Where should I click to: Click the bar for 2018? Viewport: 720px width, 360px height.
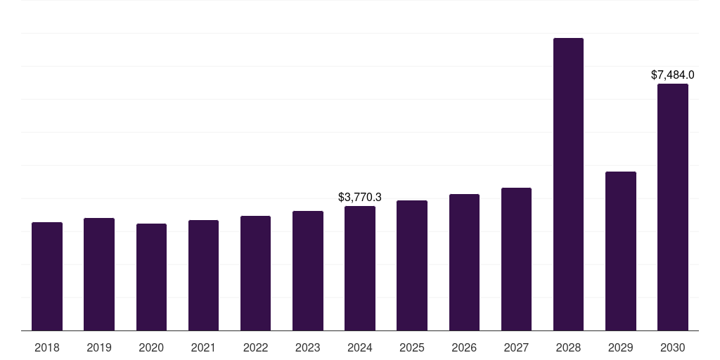point(47,276)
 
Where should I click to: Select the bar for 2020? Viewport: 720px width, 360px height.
point(151,277)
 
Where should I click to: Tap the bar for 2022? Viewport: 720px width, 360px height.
point(255,274)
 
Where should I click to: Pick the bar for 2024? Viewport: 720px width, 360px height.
point(360,269)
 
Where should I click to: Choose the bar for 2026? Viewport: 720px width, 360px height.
point(464,262)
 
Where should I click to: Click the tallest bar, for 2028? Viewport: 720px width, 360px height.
point(568,184)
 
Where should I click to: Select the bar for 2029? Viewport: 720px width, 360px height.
point(621,251)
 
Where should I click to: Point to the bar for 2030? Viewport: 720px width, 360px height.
point(673,207)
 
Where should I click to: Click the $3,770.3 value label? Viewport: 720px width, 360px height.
point(360,198)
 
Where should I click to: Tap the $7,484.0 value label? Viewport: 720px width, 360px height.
point(673,75)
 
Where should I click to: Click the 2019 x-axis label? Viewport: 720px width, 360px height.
point(99,347)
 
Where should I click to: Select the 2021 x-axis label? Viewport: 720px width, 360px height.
point(203,347)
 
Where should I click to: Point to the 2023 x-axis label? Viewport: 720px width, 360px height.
point(308,347)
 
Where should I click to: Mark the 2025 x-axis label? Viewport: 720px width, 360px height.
point(412,347)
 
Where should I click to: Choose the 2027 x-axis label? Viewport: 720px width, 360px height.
point(516,347)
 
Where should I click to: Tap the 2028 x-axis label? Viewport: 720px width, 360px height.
point(568,347)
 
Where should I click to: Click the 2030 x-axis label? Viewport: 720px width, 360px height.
point(673,347)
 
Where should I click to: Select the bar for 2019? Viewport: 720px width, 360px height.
point(99,274)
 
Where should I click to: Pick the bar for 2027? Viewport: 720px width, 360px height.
point(516,259)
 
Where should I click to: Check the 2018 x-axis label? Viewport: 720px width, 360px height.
point(47,347)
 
